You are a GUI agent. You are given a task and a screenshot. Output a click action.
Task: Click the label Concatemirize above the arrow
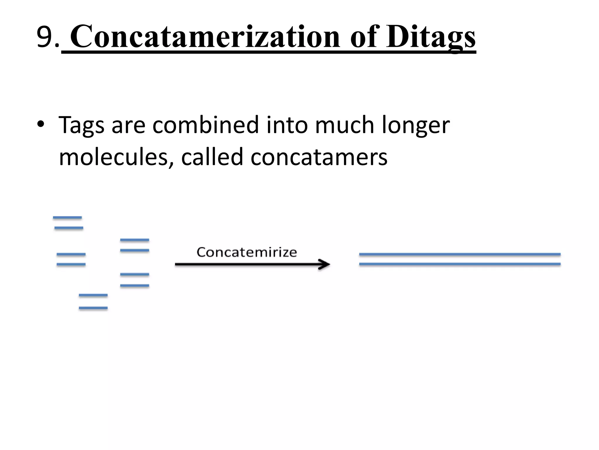[x=247, y=252]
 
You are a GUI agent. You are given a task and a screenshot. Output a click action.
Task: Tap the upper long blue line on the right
[x=459, y=254]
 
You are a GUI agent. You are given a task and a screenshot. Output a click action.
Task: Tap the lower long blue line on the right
[x=459, y=264]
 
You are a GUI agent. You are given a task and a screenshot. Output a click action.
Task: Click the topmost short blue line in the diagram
[x=67, y=218]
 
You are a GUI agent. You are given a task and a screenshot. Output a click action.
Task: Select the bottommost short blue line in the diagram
[x=93, y=308]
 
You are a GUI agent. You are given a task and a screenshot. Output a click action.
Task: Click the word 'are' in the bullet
[x=128, y=125]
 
